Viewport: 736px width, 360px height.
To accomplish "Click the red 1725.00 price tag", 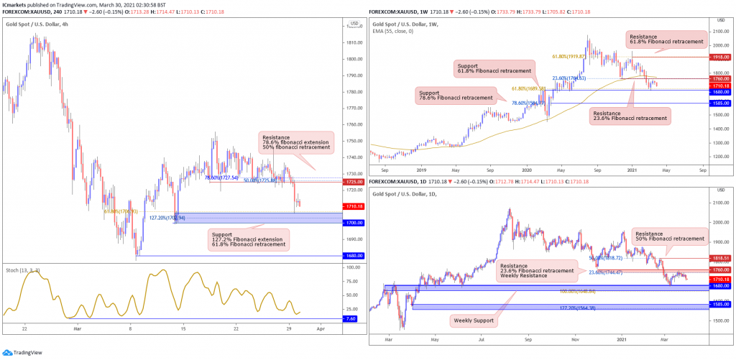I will tap(354, 183).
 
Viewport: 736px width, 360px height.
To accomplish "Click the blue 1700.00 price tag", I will tap(354, 223).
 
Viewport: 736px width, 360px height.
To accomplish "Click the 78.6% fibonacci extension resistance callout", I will tap(297, 142).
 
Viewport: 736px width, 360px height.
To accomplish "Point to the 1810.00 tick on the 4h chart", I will tap(354, 42).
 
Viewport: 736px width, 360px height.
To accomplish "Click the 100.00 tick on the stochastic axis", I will tap(353, 267).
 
